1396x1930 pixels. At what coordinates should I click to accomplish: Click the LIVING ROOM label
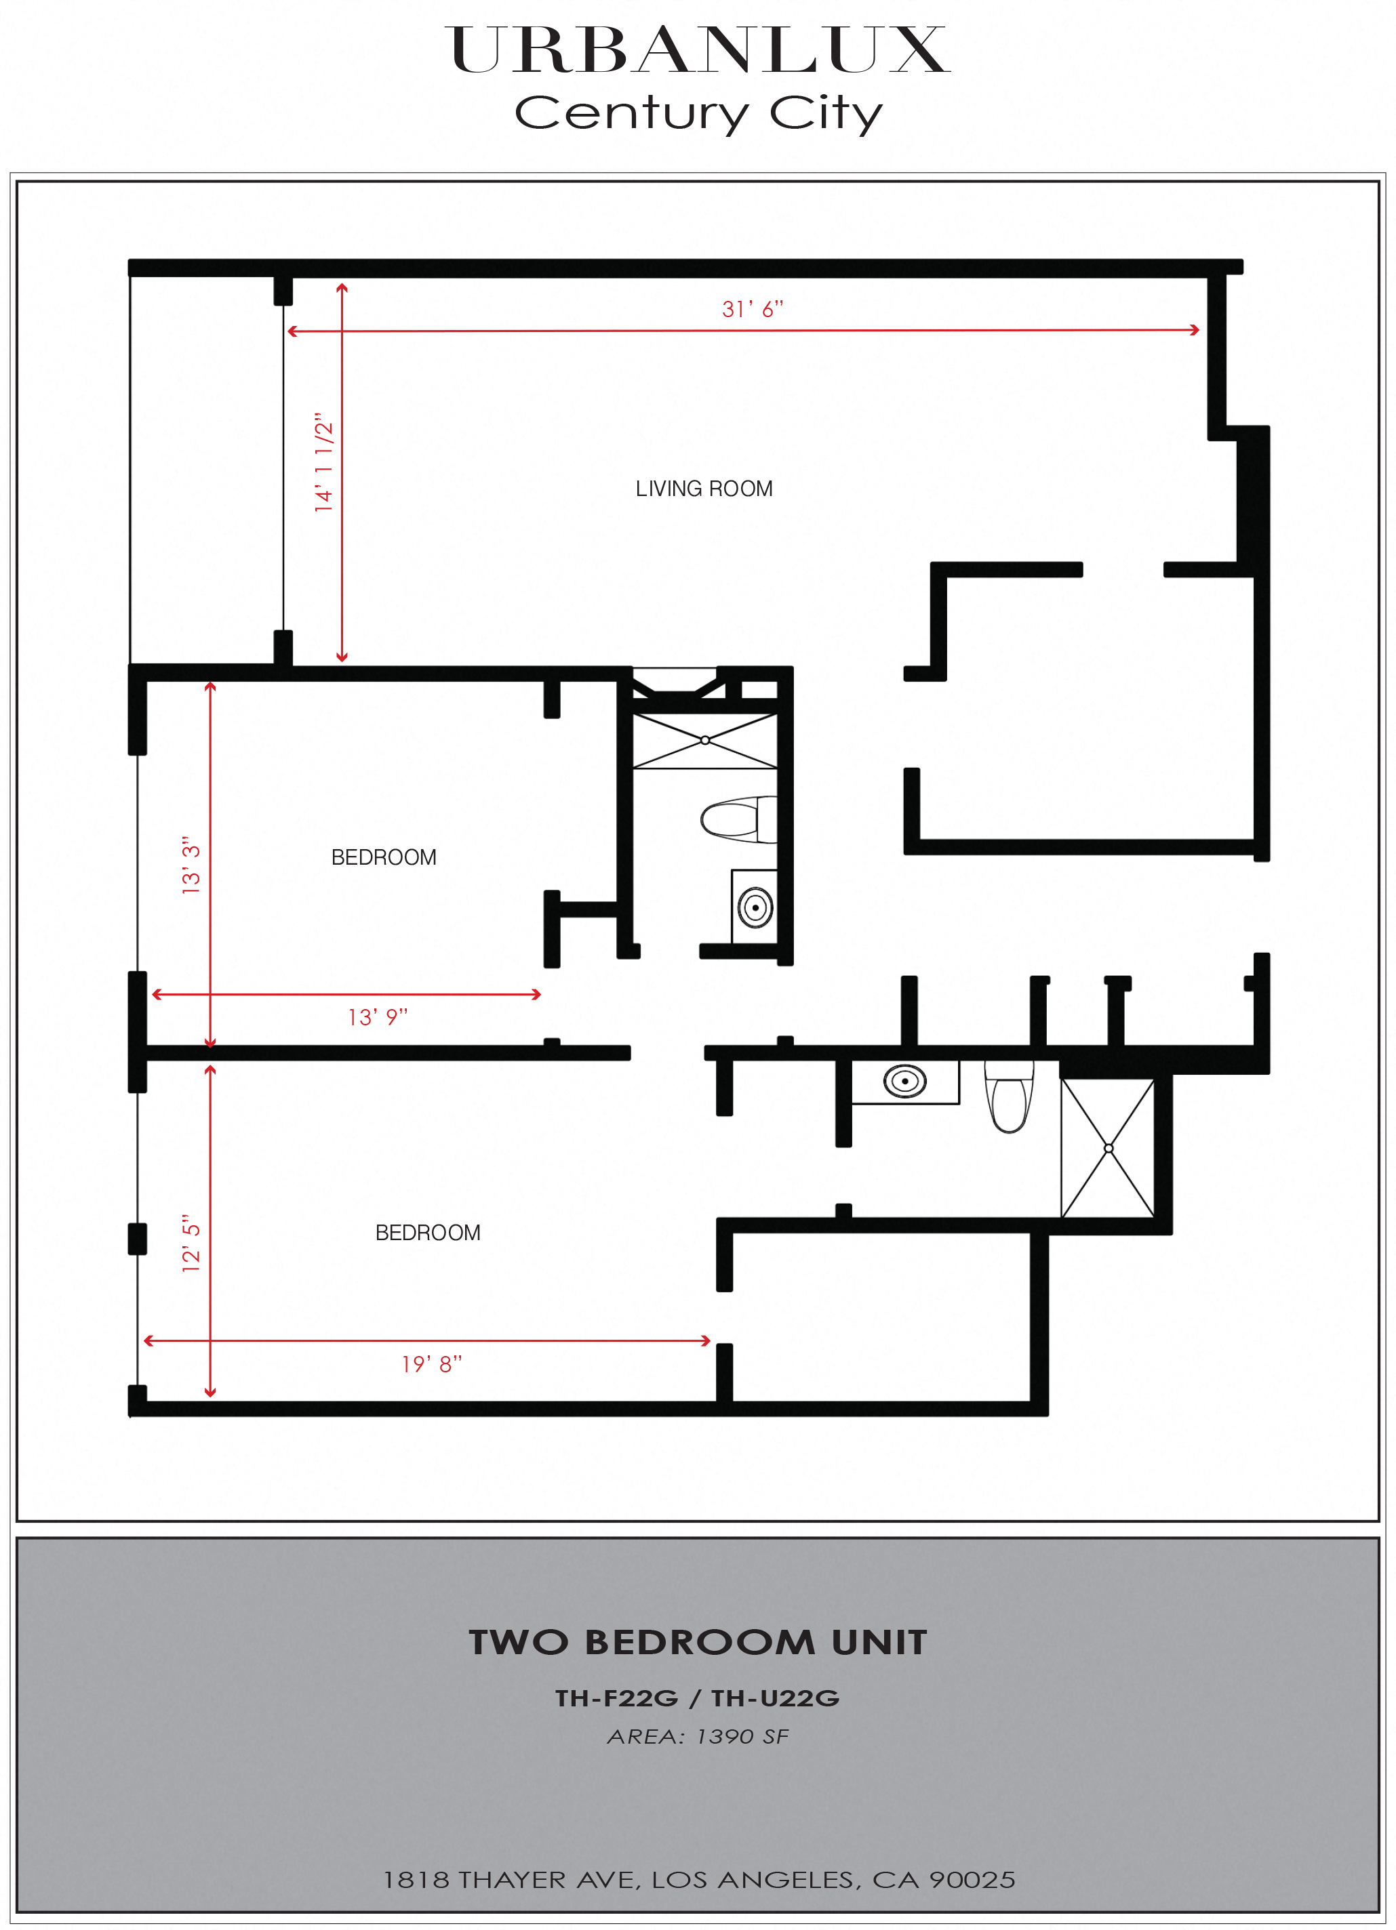(704, 489)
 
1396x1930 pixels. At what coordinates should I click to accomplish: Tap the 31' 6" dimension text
(753, 309)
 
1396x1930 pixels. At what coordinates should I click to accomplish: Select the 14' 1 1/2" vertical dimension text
(323, 462)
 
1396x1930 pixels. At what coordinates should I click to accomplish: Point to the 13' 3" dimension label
(191, 865)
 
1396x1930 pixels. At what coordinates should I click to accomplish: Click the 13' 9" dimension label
(378, 1017)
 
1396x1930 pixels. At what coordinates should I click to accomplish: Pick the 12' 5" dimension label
(191, 1244)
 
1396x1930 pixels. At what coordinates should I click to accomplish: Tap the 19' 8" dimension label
(432, 1364)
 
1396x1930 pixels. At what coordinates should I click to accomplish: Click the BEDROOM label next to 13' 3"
(384, 857)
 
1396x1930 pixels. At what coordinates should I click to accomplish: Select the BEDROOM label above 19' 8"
(428, 1232)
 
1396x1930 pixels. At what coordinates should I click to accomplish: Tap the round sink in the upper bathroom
(755, 907)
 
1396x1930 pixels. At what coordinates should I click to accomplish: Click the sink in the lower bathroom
(905, 1082)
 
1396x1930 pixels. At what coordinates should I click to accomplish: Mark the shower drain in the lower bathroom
(1109, 1148)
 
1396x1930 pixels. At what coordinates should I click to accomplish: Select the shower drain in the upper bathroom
(705, 740)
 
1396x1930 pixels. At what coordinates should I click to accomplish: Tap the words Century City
(699, 113)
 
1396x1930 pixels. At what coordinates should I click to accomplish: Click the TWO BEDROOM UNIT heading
(698, 1643)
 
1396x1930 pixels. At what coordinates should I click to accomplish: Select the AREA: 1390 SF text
(698, 1736)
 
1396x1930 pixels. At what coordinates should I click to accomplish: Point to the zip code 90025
(972, 1880)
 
